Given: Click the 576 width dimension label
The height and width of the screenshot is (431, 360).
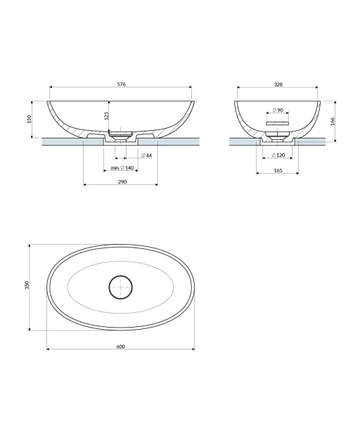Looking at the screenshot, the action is point(121,84).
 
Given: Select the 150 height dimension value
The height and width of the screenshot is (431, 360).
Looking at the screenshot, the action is point(30,119).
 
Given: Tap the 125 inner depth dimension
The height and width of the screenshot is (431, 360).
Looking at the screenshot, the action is point(106,115).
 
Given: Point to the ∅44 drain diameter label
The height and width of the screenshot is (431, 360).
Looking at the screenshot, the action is point(146,155).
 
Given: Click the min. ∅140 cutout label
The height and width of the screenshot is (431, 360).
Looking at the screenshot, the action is point(122,167).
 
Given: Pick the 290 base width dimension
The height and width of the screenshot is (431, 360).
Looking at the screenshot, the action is point(122,181).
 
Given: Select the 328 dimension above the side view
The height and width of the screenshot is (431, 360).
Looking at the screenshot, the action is point(278,84).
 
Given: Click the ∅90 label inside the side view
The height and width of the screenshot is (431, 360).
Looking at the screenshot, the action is point(278,110).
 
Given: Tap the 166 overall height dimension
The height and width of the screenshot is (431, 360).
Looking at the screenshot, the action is point(333,121).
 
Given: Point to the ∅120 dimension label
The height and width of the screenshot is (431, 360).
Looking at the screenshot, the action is point(278,155).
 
